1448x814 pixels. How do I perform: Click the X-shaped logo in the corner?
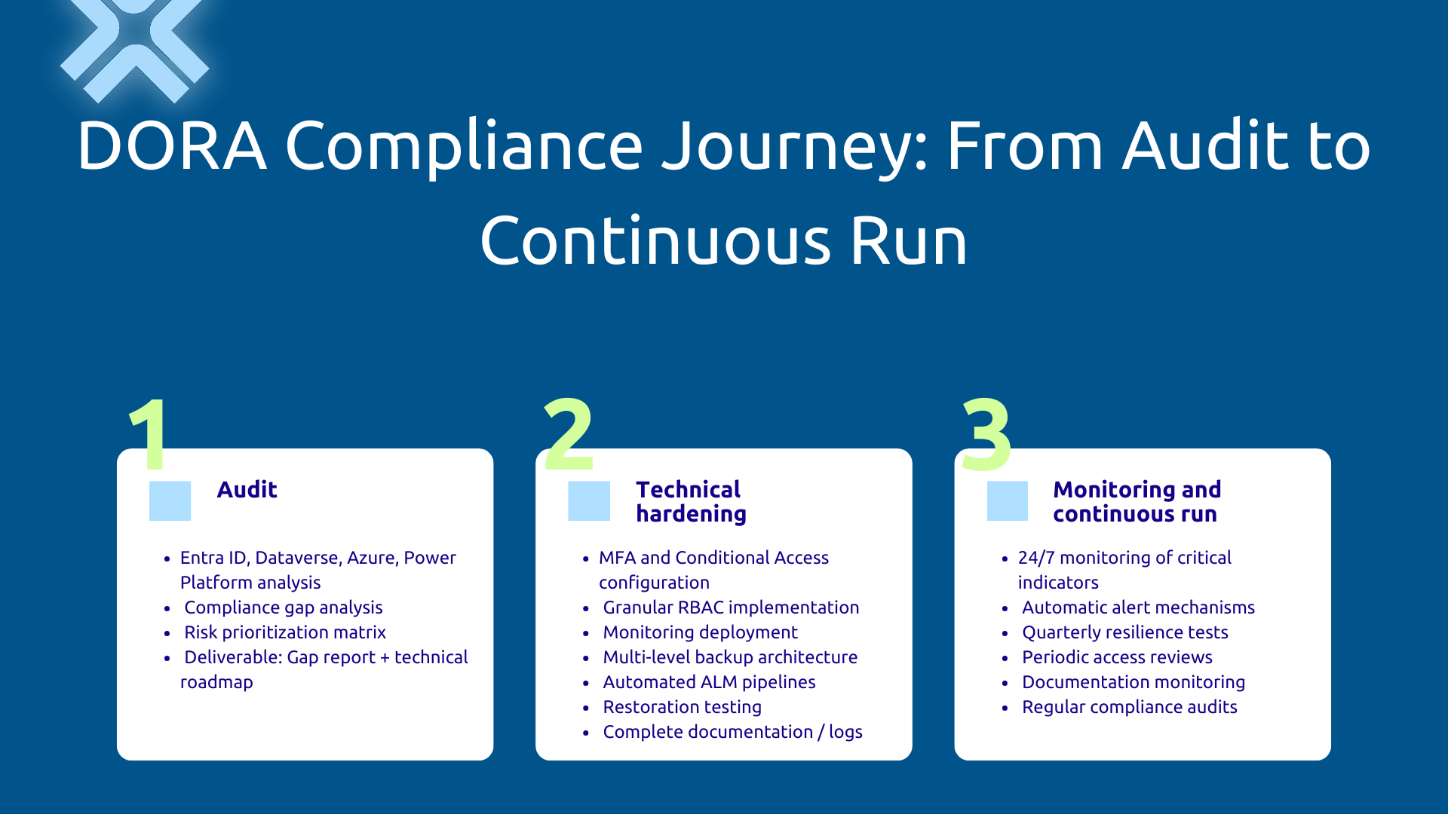pyautogui.click(x=134, y=47)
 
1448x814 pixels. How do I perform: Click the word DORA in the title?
pyautogui.click(x=172, y=146)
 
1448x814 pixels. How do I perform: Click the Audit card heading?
pyautogui.click(x=247, y=490)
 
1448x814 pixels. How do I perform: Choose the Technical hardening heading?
pyautogui.click(x=691, y=501)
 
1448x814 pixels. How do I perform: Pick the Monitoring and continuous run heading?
pyautogui.click(x=1137, y=501)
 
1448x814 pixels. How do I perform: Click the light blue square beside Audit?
pyautogui.click(x=170, y=500)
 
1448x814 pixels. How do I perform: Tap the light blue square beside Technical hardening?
pyautogui.click(x=588, y=500)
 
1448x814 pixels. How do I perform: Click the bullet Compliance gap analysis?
pyautogui.click(x=283, y=607)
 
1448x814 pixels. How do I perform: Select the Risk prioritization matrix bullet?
pyautogui.click(x=284, y=632)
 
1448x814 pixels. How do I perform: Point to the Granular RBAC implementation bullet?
pyautogui.click(x=730, y=607)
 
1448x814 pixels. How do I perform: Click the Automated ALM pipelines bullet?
pyautogui.click(x=709, y=682)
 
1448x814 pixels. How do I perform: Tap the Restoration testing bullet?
pyautogui.click(x=682, y=707)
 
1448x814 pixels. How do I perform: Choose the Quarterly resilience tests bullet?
pyautogui.click(x=1124, y=632)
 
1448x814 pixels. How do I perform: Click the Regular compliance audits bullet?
pyautogui.click(x=1129, y=707)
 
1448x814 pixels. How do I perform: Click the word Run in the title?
pyautogui.click(x=909, y=241)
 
